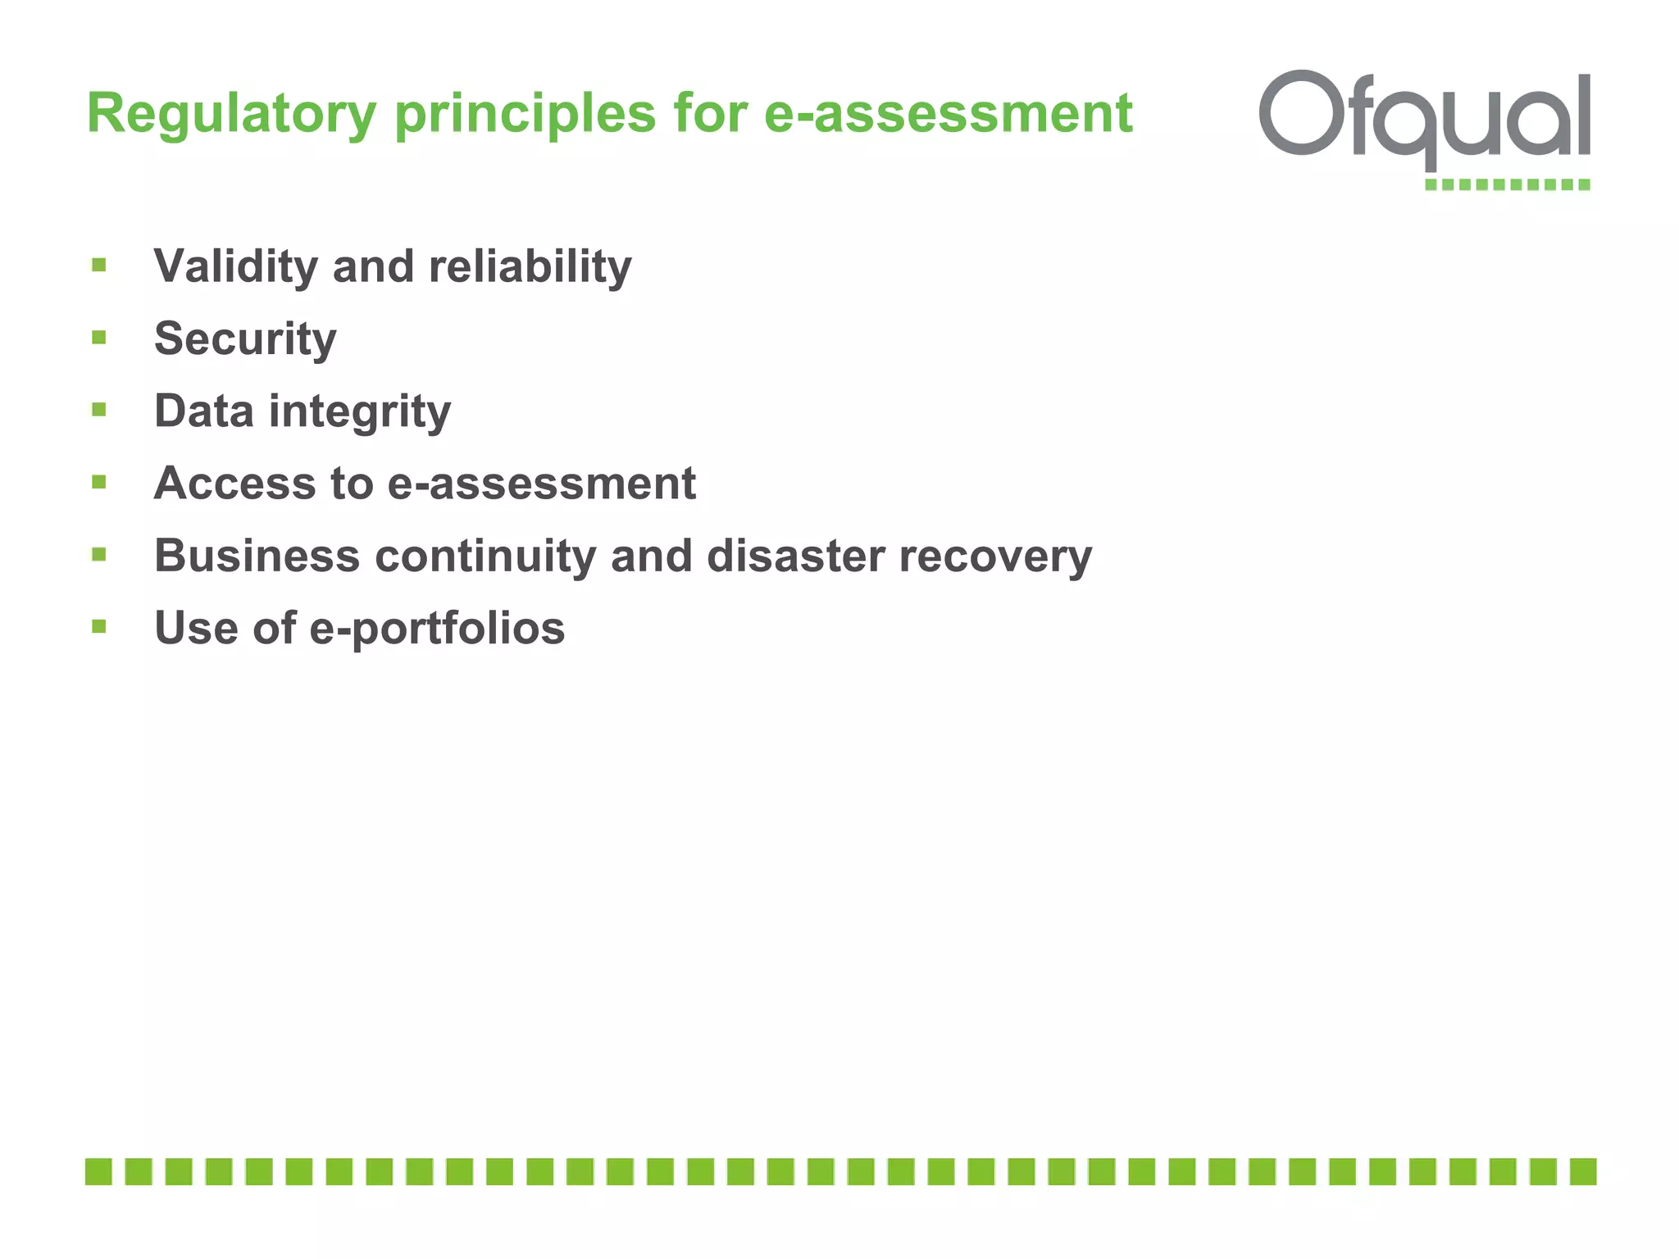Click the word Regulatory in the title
pos(231,113)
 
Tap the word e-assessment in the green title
pos(948,113)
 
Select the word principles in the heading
pos(525,113)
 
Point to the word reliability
pos(530,266)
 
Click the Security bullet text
pos(245,339)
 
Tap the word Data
pos(203,411)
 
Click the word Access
pos(234,483)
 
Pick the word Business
pos(257,556)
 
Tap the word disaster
pos(795,556)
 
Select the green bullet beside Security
pos(99,338)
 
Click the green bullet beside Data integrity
pos(99,410)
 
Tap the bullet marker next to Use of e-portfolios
pos(99,627)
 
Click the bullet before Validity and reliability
pos(99,265)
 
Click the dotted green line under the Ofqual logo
pos(1507,184)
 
